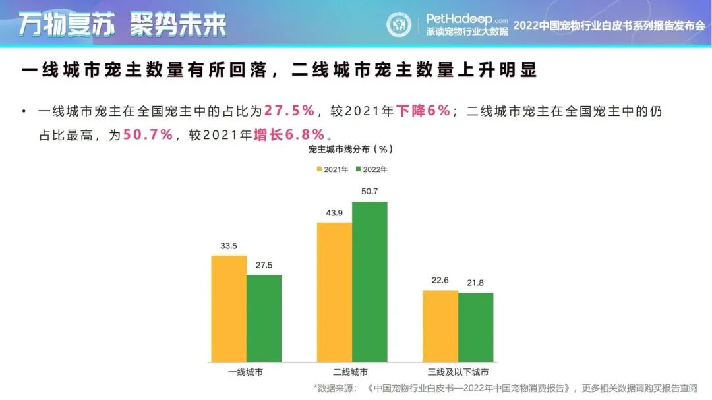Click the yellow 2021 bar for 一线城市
229,308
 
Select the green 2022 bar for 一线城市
264,318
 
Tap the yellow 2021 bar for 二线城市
334,292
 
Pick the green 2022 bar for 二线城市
370,281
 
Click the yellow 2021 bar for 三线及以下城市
440,326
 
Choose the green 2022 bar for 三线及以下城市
475,327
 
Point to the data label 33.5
229,246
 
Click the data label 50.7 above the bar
370,192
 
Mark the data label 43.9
334,214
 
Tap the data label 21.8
475,283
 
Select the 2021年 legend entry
332,169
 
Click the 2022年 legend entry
371,169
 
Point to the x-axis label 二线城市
351,372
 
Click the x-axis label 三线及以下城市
458,372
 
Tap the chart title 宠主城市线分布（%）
351,150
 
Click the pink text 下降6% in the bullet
423,111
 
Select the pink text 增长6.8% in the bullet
289,135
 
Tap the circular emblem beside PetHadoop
398,24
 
